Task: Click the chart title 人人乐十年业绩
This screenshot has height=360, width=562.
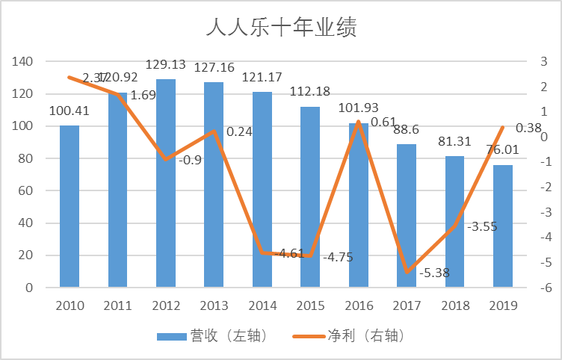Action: click(x=281, y=28)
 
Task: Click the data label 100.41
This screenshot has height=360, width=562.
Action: click(x=70, y=111)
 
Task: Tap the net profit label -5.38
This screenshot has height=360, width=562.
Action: click(x=434, y=273)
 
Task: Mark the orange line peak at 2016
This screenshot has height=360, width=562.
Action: click(x=359, y=122)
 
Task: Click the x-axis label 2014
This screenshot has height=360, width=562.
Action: click(x=262, y=305)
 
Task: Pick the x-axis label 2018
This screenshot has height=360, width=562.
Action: click(x=454, y=305)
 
